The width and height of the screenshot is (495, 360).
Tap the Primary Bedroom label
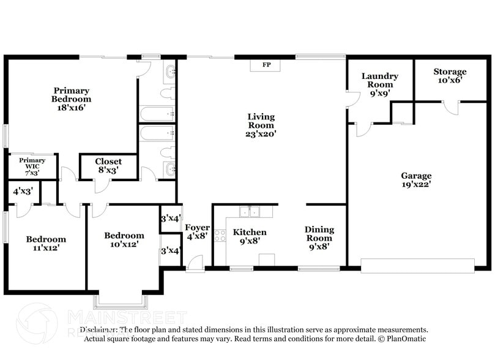click(x=71, y=99)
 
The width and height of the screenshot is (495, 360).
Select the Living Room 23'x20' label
click(x=261, y=125)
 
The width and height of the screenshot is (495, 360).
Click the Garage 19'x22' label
click(x=416, y=179)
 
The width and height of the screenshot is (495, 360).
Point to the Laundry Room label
click(x=379, y=84)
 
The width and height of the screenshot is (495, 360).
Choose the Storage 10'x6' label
click(x=450, y=75)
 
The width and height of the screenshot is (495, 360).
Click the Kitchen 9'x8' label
click(x=250, y=236)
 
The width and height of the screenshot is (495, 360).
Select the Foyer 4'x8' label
click(x=197, y=232)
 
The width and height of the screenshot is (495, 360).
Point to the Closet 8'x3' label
click(x=108, y=166)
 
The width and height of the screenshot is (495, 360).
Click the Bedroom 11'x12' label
click(x=46, y=244)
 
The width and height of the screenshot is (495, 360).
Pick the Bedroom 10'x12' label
click(x=124, y=239)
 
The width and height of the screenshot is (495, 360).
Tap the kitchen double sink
click(x=249, y=212)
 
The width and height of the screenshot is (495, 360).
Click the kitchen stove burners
click(x=220, y=234)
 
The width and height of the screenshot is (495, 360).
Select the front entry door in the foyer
click(x=195, y=263)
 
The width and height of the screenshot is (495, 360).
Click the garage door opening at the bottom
click(x=417, y=266)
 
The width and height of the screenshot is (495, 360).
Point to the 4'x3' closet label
click(x=23, y=192)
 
